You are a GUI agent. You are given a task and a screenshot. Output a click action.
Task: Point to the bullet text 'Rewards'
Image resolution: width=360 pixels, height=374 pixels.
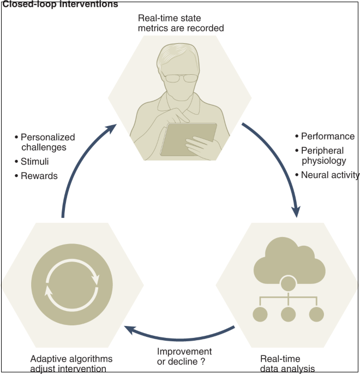[39, 176]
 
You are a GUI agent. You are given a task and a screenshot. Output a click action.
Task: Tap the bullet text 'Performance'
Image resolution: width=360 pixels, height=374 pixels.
[327, 136]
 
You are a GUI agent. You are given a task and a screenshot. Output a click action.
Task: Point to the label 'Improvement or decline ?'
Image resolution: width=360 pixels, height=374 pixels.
[184, 356]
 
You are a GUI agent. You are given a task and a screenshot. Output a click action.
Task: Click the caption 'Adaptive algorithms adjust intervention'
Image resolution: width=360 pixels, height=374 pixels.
[71, 363]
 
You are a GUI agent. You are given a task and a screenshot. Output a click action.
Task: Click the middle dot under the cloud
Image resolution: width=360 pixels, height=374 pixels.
[287, 314]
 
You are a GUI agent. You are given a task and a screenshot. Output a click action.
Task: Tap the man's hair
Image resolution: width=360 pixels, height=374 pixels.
[181, 55]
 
